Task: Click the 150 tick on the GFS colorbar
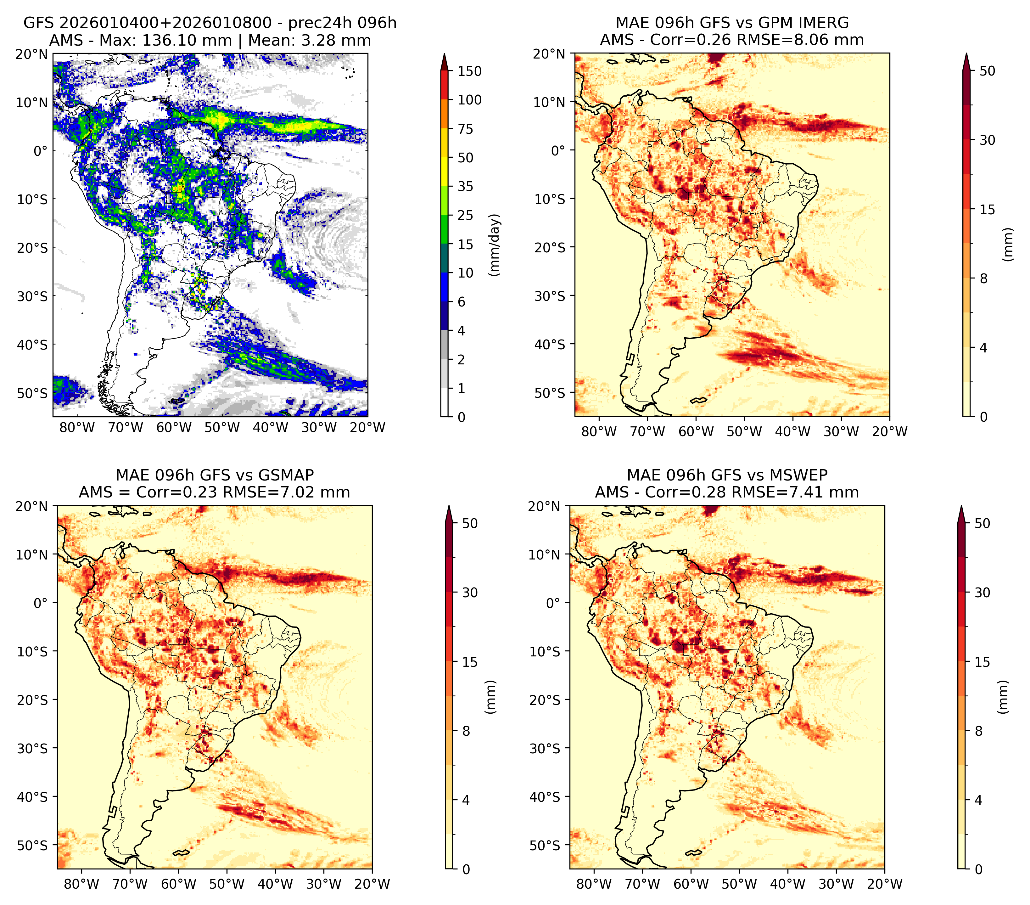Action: coord(470,71)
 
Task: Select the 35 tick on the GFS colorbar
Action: coord(466,186)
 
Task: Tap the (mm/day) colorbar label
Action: coord(496,245)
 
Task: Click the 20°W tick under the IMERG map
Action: coord(889,431)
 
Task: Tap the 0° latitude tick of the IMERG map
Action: coord(559,150)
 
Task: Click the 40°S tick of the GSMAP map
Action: coord(37,797)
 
